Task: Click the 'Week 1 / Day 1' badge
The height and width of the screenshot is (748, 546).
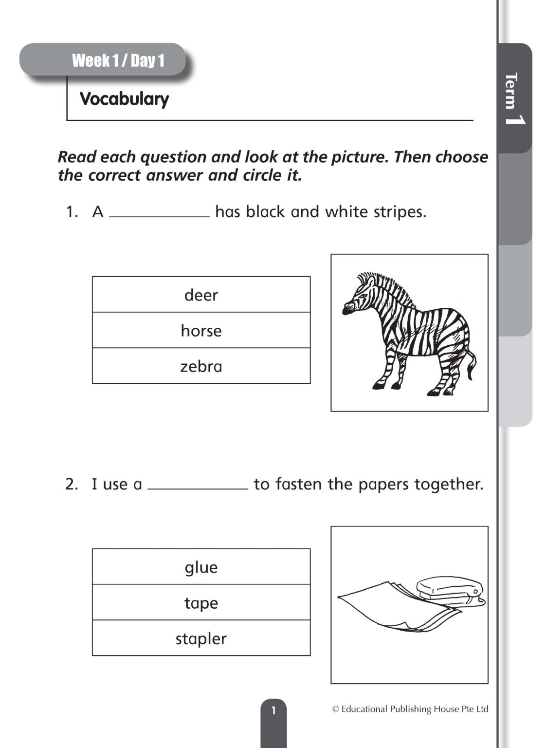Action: click(118, 60)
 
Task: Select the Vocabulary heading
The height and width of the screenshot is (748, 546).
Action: click(124, 99)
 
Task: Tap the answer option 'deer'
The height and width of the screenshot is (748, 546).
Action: click(201, 295)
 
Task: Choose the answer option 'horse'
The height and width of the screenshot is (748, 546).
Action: click(201, 331)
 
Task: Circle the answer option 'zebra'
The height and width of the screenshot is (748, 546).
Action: click(201, 366)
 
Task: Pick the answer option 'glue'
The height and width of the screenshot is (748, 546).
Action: click(201, 567)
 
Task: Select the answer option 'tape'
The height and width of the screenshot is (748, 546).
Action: click(201, 603)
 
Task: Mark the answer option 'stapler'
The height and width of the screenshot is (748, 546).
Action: click(201, 638)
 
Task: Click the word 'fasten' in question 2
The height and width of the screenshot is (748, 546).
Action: click(299, 484)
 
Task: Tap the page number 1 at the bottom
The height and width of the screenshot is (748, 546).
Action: click(273, 711)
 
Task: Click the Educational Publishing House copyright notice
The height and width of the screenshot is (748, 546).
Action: click(410, 709)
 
